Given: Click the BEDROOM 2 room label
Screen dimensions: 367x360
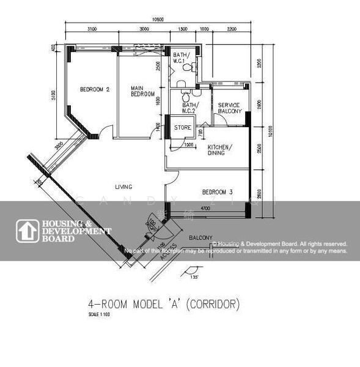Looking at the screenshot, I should click(95, 90).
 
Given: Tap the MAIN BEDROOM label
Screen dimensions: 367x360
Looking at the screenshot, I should click(142, 91).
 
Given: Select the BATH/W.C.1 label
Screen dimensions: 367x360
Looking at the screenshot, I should click(182, 58).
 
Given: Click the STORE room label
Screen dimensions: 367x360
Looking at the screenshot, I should click(183, 128).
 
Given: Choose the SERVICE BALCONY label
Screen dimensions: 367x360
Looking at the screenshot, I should click(230, 108).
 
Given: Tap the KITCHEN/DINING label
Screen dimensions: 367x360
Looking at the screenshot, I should click(219, 150).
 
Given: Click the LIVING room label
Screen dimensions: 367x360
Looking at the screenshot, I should click(124, 187).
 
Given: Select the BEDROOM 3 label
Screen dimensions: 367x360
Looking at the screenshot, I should click(218, 193).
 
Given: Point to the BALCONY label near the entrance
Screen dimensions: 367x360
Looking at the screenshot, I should click(200, 237).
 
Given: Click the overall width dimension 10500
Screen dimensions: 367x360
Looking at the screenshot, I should click(158, 20).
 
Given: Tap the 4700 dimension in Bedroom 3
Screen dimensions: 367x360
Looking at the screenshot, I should click(206, 209).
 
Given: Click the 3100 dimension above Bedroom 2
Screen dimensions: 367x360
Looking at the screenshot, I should click(92, 29).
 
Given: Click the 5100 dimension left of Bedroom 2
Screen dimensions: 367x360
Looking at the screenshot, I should click(54, 95).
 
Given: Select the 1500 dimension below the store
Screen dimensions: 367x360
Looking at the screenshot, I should click(189, 145).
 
